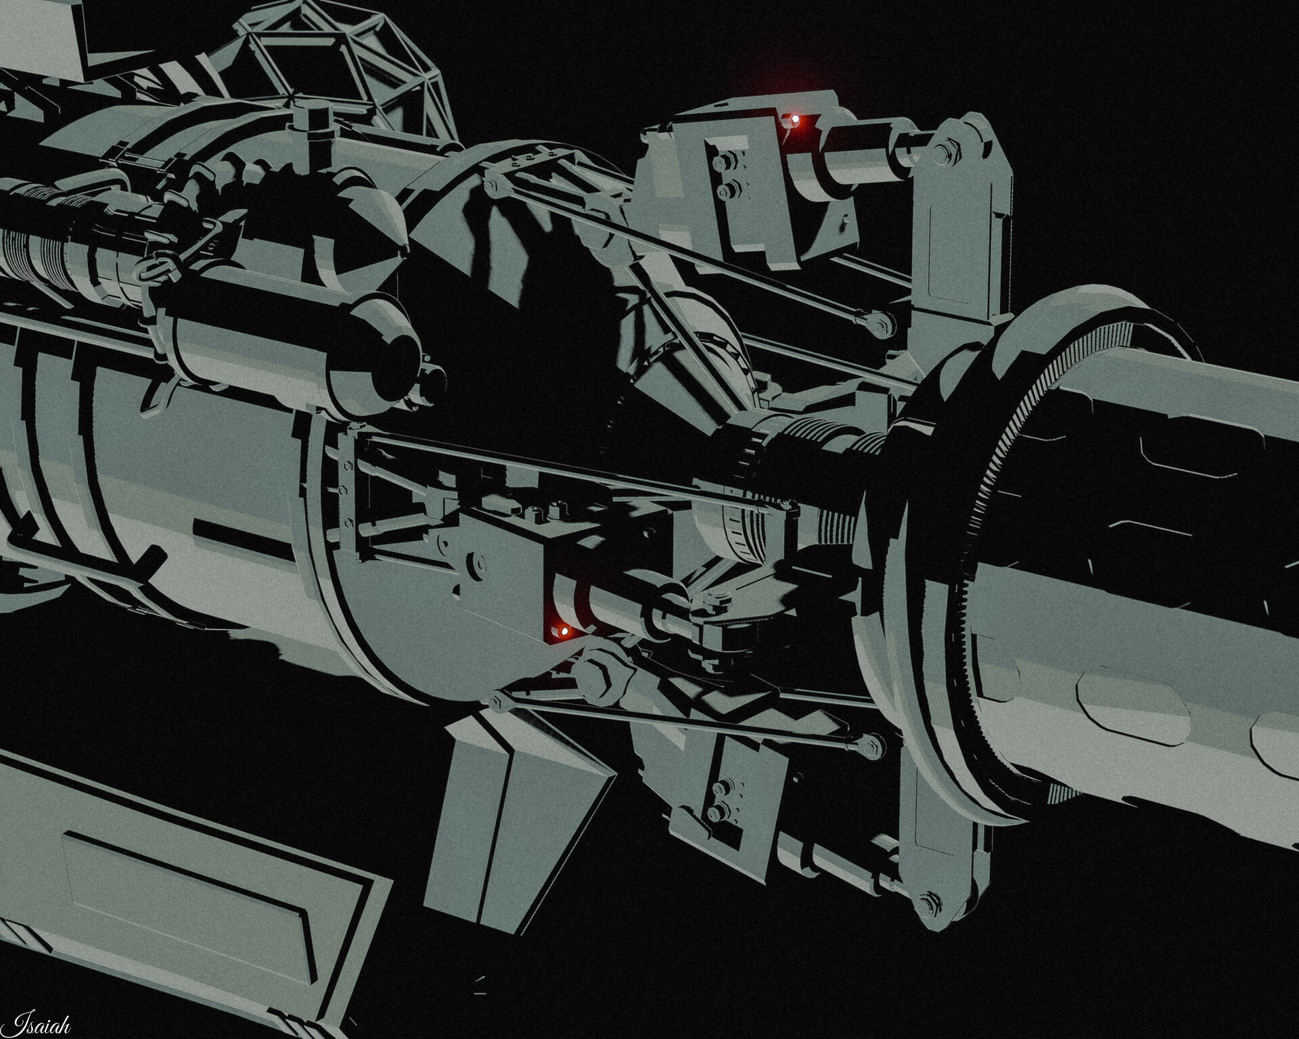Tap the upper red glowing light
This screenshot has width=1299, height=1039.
pyautogui.click(x=796, y=120)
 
